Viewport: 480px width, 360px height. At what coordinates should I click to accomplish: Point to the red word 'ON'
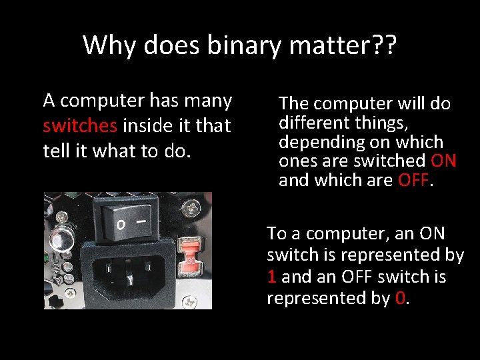[x=443, y=161]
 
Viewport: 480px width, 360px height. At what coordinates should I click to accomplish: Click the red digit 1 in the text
[x=271, y=277]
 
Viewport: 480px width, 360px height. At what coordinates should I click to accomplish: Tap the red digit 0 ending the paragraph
[x=399, y=298]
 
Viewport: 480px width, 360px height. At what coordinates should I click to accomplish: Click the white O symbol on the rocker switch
[x=121, y=223]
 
